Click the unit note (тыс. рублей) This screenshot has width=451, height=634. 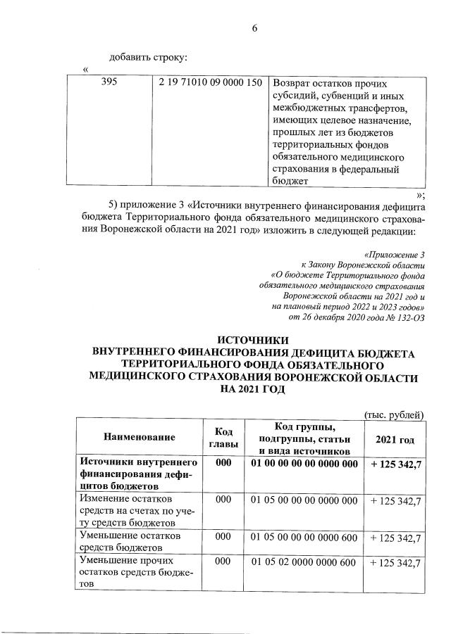394,415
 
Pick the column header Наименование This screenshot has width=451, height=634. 139,438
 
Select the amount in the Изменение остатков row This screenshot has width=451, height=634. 395,500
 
